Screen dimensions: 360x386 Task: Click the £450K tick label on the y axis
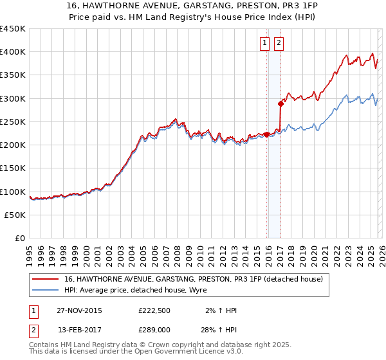[13, 29]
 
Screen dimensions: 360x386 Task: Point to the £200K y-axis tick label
[13, 145]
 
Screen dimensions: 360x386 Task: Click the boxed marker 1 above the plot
[265, 43]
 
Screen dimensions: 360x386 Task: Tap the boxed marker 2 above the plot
[279, 43]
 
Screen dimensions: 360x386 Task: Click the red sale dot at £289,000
[280, 104]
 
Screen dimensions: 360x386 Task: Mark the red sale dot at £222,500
[267, 134]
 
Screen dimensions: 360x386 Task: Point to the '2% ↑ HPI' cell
[220, 310]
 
